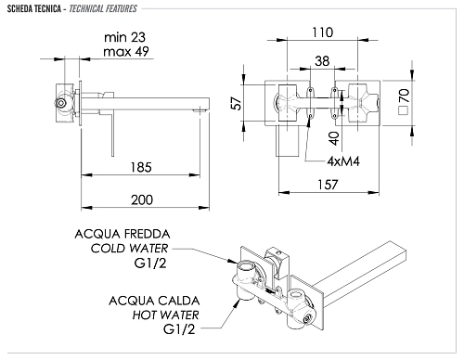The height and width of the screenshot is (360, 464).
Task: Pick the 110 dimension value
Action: tap(321, 32)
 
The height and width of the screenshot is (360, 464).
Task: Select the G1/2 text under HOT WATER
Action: tap(183, 329)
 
